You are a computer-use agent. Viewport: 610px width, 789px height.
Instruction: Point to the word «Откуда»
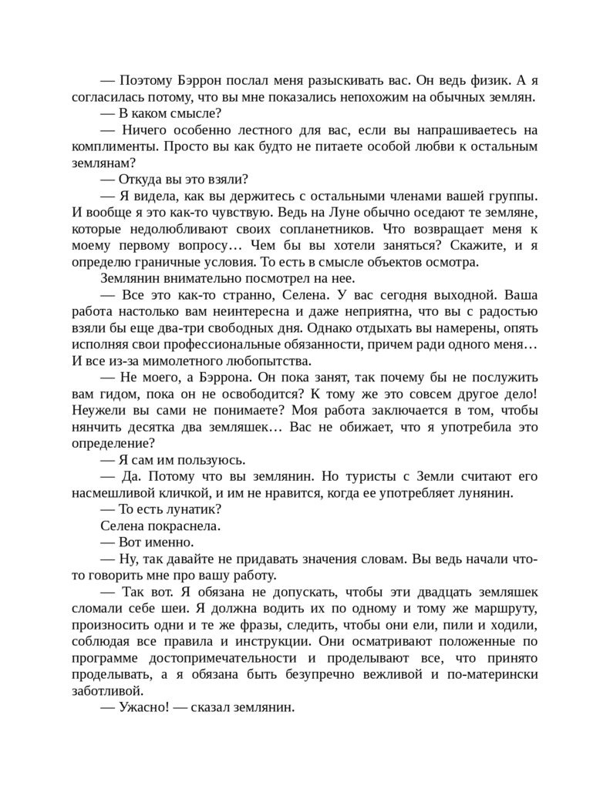pyautogui.click(x=144, y=180)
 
